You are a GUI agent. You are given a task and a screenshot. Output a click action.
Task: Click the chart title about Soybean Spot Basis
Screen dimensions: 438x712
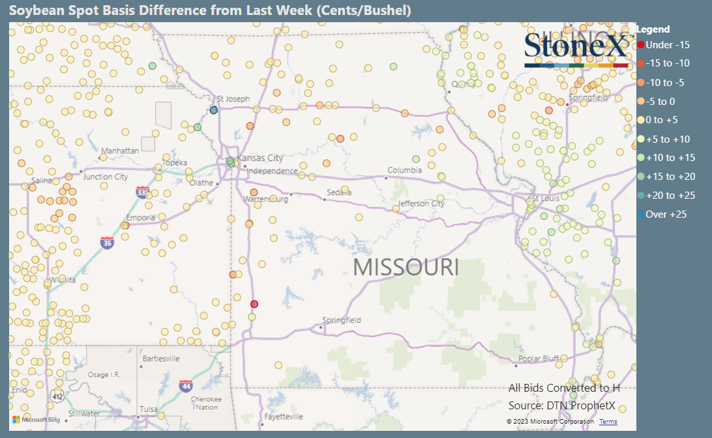point(210,10)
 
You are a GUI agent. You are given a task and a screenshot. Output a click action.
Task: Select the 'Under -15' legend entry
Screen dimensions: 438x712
point(664,45)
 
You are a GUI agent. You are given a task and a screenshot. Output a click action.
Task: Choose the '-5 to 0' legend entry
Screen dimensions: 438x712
point(660,101)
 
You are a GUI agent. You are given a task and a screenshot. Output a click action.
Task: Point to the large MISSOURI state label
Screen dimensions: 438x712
point(406,267)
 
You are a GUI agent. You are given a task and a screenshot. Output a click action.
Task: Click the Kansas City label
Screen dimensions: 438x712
point(260,158)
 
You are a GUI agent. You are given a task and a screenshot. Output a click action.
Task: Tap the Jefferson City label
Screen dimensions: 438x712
point(421,203)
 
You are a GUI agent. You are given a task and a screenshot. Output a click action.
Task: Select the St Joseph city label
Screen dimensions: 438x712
point(233,99)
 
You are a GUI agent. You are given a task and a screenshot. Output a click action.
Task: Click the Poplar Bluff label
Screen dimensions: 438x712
point(539,359)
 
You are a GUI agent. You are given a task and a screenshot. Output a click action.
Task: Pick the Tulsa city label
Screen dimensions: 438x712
point(148,409)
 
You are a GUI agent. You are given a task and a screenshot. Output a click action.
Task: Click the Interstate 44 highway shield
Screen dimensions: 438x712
point(186,385)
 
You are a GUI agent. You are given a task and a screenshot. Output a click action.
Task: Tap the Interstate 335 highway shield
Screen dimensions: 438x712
point(143,192)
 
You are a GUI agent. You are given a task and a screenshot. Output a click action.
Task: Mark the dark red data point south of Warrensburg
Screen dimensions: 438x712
point(254,304)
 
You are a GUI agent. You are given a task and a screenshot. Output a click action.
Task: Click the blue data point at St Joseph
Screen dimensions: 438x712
point(213,110)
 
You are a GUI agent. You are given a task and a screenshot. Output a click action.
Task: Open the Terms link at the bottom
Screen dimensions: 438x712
point(608,422)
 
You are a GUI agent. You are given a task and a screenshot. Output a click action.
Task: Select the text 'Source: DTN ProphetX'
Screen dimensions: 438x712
point(564,405)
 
